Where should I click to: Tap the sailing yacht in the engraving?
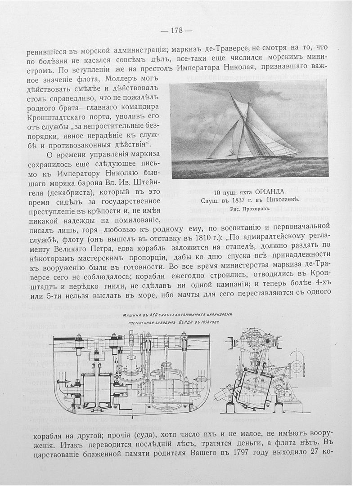[252, 130]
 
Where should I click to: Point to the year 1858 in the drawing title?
[204, 323]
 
